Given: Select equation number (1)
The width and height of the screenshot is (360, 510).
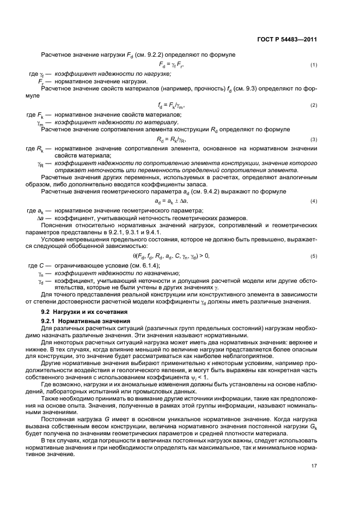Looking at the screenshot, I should click(314, 65).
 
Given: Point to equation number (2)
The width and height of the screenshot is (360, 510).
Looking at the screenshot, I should click(314, 105).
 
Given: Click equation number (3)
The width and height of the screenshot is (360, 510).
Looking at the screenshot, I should click(314, 139).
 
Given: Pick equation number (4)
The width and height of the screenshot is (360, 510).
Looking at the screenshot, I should click(314, 202).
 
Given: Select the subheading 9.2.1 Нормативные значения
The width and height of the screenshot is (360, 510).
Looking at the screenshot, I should click(81, 321).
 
